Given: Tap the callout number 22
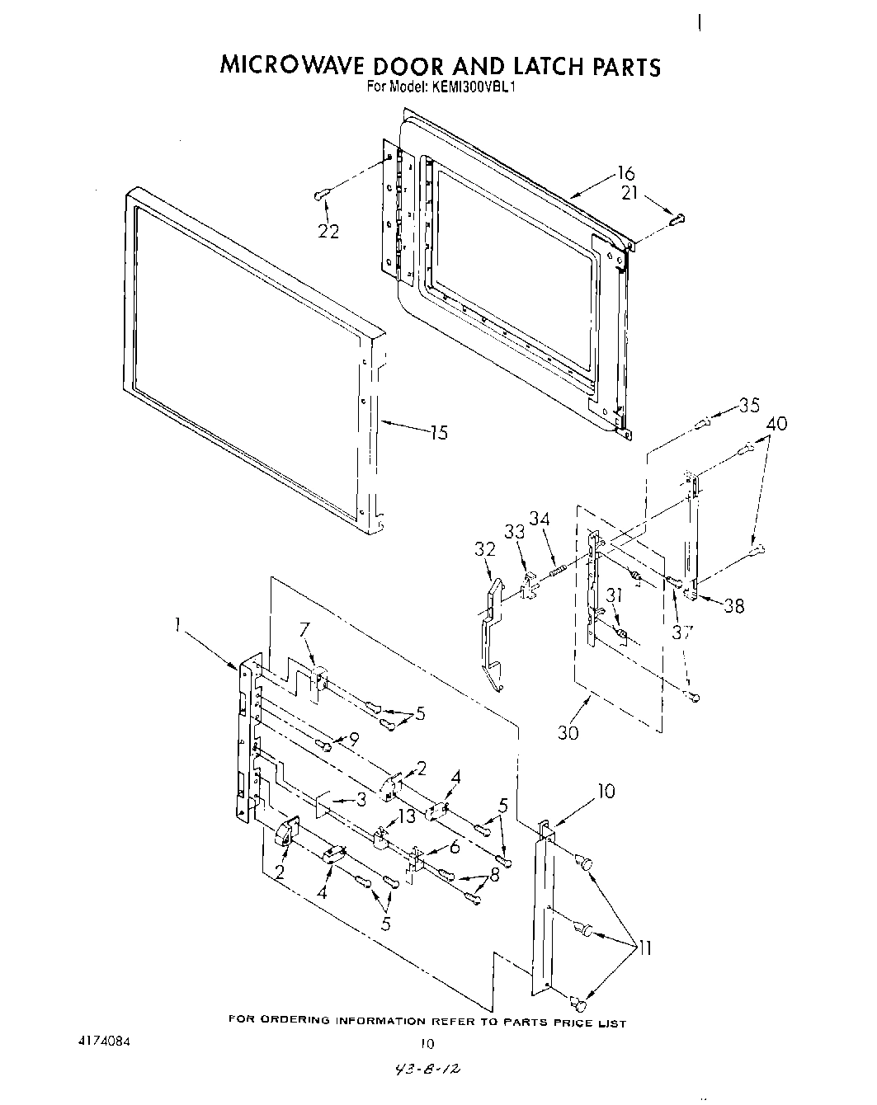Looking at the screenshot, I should point(328,232).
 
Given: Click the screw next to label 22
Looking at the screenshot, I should point(322,195).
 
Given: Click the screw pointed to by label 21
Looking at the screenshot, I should point(678,219).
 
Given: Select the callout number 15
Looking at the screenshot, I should point(438,432).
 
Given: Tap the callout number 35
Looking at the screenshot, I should point(748,405).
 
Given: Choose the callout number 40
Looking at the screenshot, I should point(776,424).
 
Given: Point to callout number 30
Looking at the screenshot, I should point(568,731).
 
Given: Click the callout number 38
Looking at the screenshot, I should point(733,606).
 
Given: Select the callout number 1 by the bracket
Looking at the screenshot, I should point(177,625).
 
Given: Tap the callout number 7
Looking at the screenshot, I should point(304,630).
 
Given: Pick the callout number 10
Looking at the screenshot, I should point(606,792).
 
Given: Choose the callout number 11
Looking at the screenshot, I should point(644,948).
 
